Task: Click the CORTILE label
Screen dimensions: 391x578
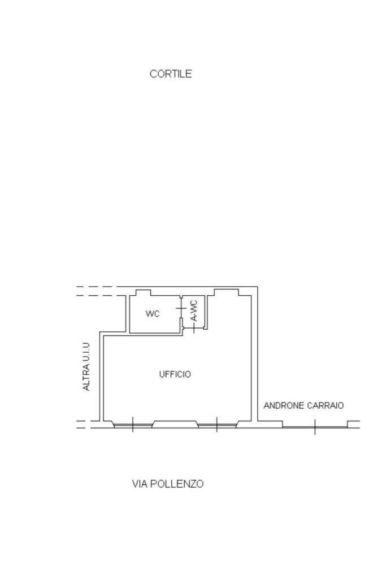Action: point(171,74)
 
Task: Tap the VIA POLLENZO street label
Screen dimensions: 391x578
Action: point(168,484)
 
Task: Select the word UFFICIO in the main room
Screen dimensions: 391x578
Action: point(175,375)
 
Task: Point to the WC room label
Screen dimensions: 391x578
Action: point(153,314)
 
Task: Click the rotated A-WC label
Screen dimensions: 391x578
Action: point(194,311)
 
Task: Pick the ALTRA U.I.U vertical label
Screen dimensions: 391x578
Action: point(86,367)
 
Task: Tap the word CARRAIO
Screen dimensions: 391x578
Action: point(325,406)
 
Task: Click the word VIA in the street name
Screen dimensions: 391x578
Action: point(140,484)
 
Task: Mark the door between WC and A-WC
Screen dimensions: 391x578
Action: point(181,308)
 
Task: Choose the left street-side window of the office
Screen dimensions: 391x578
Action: point(133,425)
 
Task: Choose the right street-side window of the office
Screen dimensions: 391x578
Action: point(217,425)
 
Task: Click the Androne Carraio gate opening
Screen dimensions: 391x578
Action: point(315,427)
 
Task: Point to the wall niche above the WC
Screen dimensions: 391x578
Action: point(143,293)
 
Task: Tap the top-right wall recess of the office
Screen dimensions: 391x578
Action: point(227,292)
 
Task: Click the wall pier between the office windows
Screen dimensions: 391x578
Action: point(175,424)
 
